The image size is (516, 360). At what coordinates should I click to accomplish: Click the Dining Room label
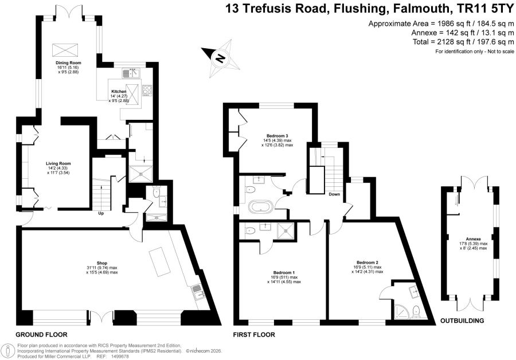coord(68,62)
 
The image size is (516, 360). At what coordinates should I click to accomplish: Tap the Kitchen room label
coord(119,92)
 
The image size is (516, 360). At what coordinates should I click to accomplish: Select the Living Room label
coord(58,163)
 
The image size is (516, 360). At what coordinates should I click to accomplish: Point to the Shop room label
coord(102,263)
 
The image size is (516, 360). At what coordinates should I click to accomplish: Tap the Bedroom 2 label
coord(368,263)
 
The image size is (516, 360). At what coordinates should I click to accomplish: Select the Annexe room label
coord(473,239)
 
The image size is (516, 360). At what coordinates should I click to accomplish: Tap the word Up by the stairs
coord(101,213)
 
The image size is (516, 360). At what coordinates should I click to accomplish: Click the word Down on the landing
coord(334,194)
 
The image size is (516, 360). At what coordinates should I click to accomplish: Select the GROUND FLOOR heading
coord(41,335)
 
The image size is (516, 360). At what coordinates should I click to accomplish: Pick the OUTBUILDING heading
coord(462,320)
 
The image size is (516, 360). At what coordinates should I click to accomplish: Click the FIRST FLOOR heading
coord(254,335)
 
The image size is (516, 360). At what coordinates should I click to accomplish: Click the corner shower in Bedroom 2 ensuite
coord(401,311)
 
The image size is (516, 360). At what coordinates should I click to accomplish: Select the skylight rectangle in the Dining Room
coord(65,50)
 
